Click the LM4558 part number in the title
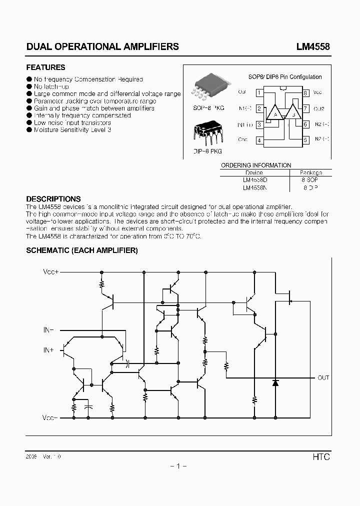point(312,46)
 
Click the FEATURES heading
point(45,67)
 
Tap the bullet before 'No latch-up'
point(29,86)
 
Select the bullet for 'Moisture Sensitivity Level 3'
point(29,129)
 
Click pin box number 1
point(259,92)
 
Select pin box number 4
point(259,140)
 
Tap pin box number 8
point(305,92)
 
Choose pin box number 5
point(305,140)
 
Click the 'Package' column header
point(310,172)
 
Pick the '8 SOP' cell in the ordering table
point(310,179)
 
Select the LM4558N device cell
point(254,188)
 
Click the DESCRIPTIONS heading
point(53,199)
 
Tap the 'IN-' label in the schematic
point(48,330)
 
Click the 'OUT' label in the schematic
point(323,378)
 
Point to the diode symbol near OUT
point(275,383)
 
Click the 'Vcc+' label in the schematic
point(50,271)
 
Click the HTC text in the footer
point(321,457)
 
